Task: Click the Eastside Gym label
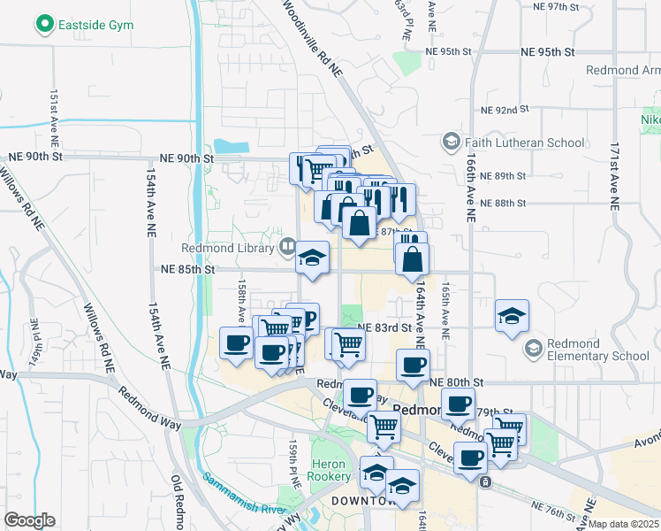click(x=96, y=25)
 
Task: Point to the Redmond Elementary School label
click(x=598, y=350)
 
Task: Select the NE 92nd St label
click(x=504, y=110)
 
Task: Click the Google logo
click(x=28, y=520)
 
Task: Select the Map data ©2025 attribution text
click(x=624, y=524)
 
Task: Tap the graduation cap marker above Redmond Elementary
click(x=512, y=316)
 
